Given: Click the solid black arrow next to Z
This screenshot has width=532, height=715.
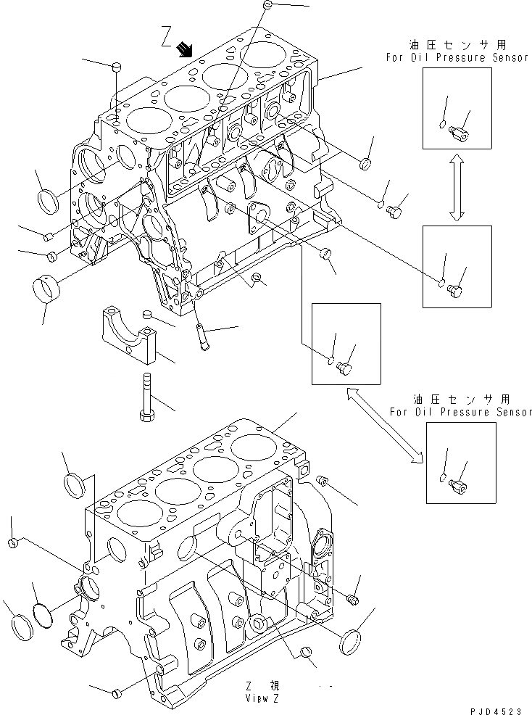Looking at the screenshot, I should pyautogui.click(x=186, y=49).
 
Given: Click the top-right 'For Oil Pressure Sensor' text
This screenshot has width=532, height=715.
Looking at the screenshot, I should pyautogui.click(x=460, y=58).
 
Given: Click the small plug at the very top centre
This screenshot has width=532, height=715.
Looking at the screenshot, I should pyautogui.click(x=267, y=6).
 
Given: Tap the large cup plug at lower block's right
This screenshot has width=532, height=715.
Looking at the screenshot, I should pyautogui.click(x=351, y=642).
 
